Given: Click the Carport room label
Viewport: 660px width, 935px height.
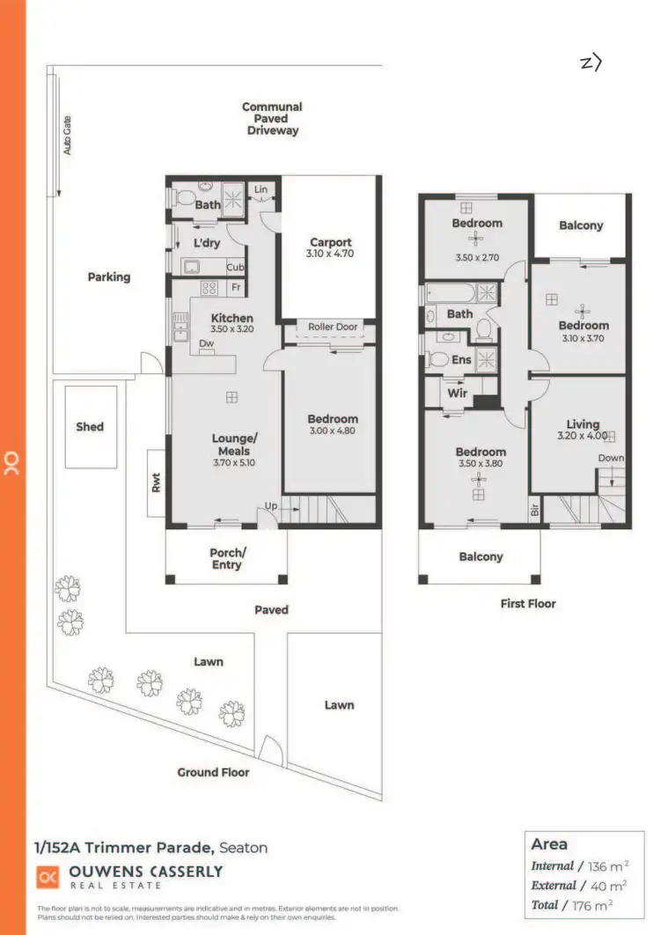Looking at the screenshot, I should pos(330,242).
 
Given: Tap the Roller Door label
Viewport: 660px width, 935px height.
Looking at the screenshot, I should pos(333,327).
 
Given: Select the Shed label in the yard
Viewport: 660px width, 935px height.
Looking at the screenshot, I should pos(90,426).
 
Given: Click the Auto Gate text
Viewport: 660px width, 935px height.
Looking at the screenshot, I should pos(67,136).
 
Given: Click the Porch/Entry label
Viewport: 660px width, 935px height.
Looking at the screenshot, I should pos(226,559).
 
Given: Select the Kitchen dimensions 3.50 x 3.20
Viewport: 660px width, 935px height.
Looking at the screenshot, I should pos(232,331).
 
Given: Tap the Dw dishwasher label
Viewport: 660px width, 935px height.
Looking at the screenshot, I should pos(207,344).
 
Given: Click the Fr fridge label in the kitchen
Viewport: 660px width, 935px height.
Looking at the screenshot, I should pos(236,288).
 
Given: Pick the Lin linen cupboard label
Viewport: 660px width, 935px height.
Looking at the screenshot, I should pos(260,189).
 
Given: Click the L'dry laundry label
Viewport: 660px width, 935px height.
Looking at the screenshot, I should pos(207,243).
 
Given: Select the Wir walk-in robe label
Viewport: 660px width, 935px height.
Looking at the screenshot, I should pos(458,394).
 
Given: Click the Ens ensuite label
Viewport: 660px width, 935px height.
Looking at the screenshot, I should pos(461,359).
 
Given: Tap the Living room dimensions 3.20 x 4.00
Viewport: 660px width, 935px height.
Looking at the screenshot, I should pos(583,436).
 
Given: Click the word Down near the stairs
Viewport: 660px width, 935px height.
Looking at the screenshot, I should pos(611,458).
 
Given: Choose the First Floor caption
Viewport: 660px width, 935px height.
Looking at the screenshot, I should pos(528,603).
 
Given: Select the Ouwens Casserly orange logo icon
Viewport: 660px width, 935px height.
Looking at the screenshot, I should pos(48,876).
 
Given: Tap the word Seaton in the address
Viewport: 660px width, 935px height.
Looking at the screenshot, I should pos(244,848).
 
